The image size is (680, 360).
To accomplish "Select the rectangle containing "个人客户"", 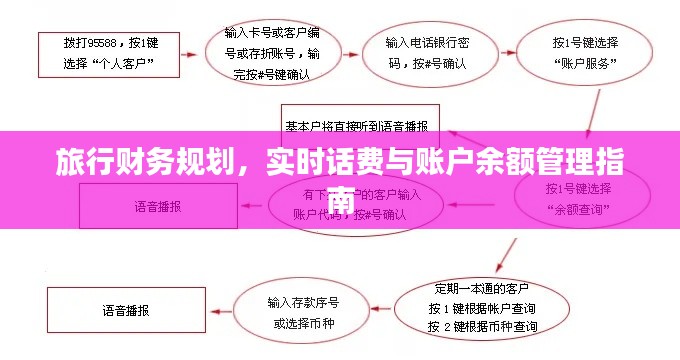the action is (x=110, y=53).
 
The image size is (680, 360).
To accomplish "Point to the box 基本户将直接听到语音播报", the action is (x=356, y=127).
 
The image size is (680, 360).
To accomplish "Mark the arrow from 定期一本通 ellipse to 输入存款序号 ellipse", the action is (x=382, y=309).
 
